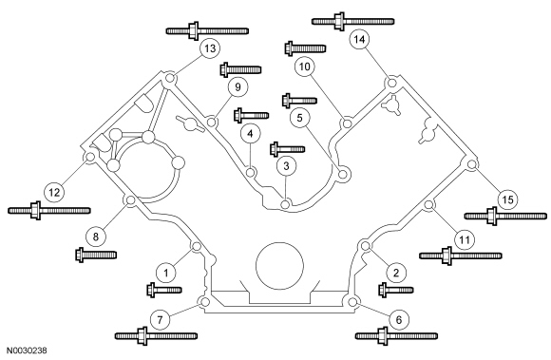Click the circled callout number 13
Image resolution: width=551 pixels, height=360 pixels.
(x=210, y=48)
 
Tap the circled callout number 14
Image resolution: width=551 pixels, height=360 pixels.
(x=359, y=39)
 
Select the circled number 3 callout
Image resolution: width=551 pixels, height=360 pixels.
(x=286, y=166)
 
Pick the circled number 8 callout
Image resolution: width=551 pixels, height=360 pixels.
(x=96, y=237)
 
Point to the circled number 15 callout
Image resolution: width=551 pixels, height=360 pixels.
(x=508, y=199)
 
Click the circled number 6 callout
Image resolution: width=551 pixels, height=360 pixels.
(x=398, y=319)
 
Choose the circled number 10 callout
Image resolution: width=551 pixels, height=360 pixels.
(x=305, y=66)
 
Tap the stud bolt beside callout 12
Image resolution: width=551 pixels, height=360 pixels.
(x=49, y=211)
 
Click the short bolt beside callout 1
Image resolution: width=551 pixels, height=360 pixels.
(x=164, y=290)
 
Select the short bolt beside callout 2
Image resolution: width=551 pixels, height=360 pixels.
(x=396, y=290)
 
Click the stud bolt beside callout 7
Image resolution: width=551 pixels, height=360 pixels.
(x=156, y=336)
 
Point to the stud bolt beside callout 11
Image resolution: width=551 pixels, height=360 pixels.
(x=461, y=256)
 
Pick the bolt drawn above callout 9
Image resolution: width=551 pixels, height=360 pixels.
(x=240, y=69)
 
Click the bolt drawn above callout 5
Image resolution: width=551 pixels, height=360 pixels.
(x=299, y=101)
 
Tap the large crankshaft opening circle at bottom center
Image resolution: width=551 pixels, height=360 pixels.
(x=279, y=266)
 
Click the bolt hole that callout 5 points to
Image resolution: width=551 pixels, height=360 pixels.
(x=342, y=174)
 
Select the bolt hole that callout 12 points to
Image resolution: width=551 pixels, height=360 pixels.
(x=90, y=157)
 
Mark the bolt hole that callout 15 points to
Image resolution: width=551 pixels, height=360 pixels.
(x=472, y=164)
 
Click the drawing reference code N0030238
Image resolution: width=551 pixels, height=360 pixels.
(x=27, y=351)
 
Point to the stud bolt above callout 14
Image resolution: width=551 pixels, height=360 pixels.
(x=353, y=22)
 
